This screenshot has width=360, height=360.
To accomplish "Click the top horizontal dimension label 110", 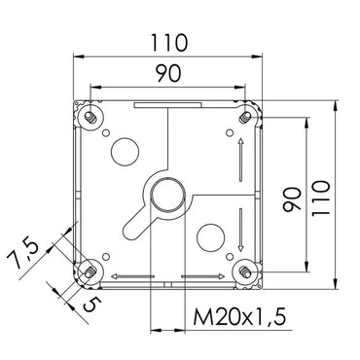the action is pyautogui.click(x=169, y=43).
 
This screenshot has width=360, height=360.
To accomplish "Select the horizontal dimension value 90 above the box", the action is pyautogui.click(x=168, y=73).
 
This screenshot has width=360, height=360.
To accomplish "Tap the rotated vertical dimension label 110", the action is pyautogui.click(x=320, y=198).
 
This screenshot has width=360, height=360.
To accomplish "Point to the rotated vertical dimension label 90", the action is pyautogui.click(x=292, y=199).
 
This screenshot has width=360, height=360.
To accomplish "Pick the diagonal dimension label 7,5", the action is pyautogui.click(x=23, y=255).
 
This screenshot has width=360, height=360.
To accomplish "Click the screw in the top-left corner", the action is pyautogui.click(x=90, y=118).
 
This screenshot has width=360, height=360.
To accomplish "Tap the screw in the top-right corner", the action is pyautogui.click(x=245, y=118).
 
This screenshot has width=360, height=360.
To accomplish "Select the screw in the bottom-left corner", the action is pyautogui.click(x=90, y=271).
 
